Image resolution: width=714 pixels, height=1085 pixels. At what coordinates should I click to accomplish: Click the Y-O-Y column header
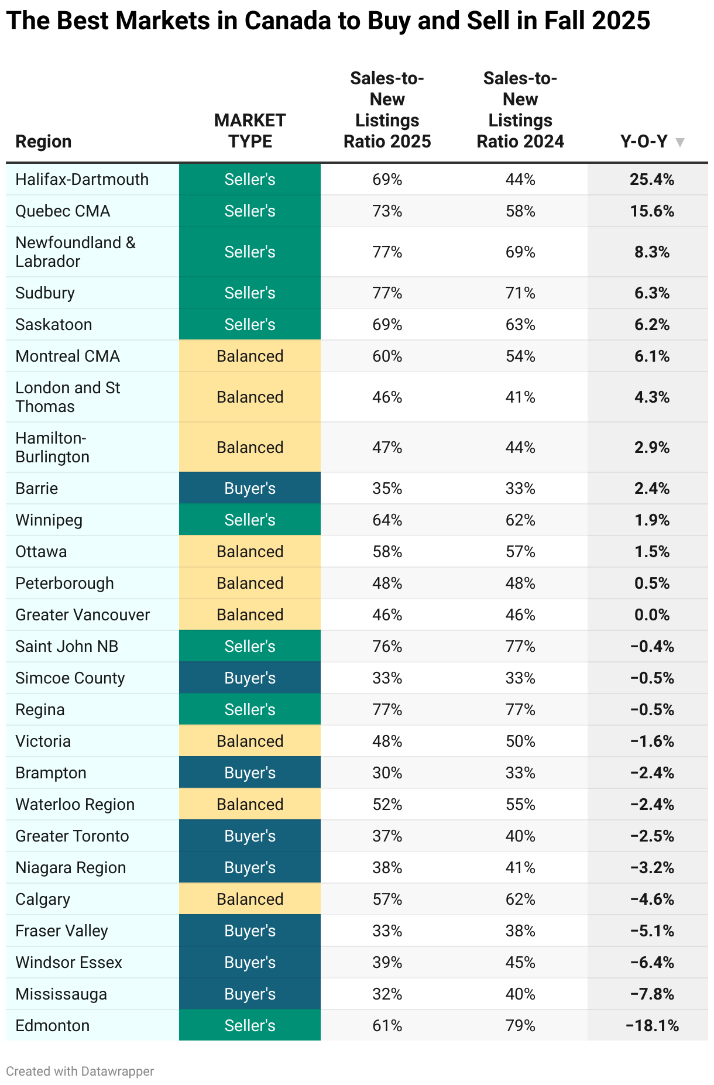click(x=644, y=142)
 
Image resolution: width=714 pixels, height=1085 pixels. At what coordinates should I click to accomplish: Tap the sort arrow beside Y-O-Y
click(x=679, y=142)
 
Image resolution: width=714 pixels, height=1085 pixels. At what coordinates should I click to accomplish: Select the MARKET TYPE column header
click(x=250, y=131)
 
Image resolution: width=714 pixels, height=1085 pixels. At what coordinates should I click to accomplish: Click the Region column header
click(x=43, y=142)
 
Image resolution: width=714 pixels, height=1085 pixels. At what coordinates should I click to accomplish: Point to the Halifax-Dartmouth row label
click(x=82, y=180)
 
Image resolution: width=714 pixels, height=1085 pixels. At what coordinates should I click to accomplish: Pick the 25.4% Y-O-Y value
click(x=652, y=180)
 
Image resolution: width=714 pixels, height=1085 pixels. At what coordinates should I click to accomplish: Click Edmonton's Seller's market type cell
click(x=250, y=1026)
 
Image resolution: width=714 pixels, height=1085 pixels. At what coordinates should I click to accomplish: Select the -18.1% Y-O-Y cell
click(x=652, y=1026)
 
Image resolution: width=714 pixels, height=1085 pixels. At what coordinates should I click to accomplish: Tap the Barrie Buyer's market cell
click(x=250, y=489)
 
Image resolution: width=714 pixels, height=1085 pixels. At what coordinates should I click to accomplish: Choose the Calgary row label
click(x=43, y=899)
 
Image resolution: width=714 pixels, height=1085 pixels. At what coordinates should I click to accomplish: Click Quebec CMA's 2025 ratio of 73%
click(x=387, y=211)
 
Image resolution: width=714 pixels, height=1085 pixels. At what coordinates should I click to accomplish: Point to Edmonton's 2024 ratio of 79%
click(x=520, y=1026)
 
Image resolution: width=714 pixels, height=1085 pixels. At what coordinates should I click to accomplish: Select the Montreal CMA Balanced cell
click(x=250, y=356)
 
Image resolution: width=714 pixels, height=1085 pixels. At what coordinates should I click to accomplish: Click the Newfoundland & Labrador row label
click(x=75, y=252)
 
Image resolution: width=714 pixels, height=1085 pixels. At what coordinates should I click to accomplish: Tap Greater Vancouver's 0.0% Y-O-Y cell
click(x=652, y=615)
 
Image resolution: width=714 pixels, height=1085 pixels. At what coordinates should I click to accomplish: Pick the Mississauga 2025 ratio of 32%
click(x=387, y=994)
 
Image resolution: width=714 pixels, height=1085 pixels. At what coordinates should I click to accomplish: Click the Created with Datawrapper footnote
click(x=80, y=1072)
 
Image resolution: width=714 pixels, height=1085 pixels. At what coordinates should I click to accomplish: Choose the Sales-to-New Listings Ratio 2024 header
click(x=520, y=110)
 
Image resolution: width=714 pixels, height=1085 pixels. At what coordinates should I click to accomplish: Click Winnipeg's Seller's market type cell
click(x=250, y=520)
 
